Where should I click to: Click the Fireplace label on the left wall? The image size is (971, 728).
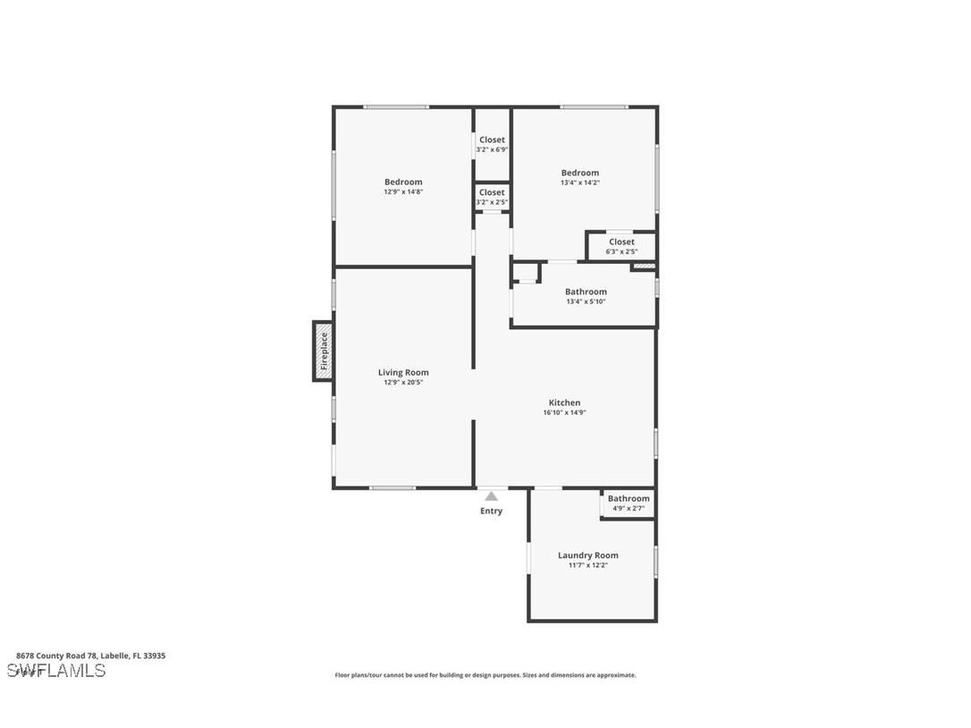coord(324,351)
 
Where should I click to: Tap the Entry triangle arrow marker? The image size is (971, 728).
coord(491,496)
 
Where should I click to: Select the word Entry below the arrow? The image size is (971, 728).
coord(491,512)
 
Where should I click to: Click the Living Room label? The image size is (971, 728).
coord(403,372)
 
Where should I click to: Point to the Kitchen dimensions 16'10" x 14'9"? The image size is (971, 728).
coord(564,413)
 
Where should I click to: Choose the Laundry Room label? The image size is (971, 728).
coord(587,555)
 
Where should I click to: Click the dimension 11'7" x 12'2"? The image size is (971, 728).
coord(587,565)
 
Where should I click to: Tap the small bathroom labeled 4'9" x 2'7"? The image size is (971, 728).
coord(629,504)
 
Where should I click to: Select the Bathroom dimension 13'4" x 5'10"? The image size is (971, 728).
coord(586,301)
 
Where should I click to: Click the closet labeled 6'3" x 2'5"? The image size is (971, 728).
coord(621,247)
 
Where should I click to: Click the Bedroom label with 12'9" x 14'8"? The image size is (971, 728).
coord(403,182)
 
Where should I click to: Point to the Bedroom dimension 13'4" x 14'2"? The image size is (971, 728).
coord(579,182)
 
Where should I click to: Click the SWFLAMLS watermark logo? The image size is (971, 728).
coord(56,671)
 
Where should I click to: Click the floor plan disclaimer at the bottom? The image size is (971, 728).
coord(485,675)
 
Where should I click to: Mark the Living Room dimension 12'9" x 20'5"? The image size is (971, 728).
coord(403,382)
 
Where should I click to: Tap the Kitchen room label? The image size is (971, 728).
coord(564,402)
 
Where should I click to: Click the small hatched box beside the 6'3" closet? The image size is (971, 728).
coord(644,266)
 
